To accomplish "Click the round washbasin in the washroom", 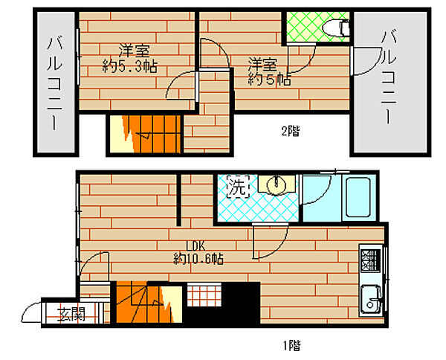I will click(x=275, y=184).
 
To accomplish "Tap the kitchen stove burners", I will click(x=369, y=260).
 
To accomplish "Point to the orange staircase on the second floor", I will click(x=145, y=134).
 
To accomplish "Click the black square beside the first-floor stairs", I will click(x=242, y=303).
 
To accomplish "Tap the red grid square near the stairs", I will click(x=201, y=296).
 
